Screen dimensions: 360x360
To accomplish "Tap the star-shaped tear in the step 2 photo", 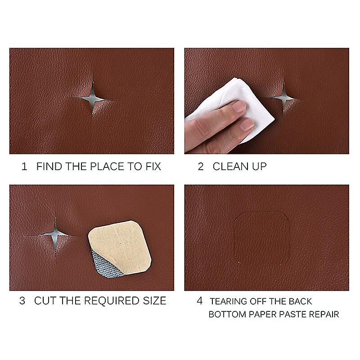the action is coord(284,98).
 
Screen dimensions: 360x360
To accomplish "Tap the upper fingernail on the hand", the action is coord(239,107).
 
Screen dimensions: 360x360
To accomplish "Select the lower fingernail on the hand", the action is coord(247,124).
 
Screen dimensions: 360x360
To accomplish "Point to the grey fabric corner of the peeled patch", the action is coord(106,265).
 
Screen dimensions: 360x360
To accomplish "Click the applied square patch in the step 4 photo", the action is coord(262,238).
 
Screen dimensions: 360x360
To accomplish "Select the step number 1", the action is coord(24,166).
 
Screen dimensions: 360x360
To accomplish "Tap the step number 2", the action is coord(201,166).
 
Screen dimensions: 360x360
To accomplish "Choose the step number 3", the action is coord(22,301).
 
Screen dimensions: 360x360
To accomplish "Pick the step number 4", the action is coord(200,301).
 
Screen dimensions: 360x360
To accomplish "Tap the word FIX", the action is coord(153,166).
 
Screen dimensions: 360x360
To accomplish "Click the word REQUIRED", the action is coord(112,301).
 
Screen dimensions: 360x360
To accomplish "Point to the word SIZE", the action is coord(154,301).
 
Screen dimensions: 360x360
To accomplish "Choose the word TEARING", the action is coord(229,301).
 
